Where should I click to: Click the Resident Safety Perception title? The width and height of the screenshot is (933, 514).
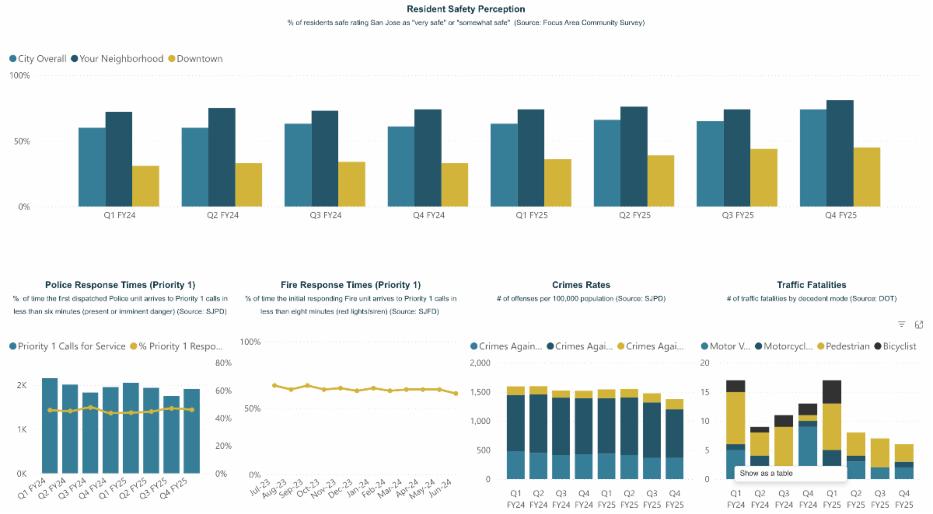point(466,9)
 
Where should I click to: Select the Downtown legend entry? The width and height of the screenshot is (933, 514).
point(199,59)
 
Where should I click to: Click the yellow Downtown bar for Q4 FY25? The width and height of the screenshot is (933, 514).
point(867,177)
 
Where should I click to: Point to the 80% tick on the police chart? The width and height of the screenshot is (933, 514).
point(222,363)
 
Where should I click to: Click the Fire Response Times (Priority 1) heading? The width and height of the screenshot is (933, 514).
point(351,285)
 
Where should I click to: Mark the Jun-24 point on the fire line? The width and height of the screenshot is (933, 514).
point(456,394)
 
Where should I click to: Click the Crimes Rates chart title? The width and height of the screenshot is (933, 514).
point(581,285)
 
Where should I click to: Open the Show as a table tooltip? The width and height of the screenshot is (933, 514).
point(789,473)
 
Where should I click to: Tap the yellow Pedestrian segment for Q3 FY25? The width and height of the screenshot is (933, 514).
point(879,453)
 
